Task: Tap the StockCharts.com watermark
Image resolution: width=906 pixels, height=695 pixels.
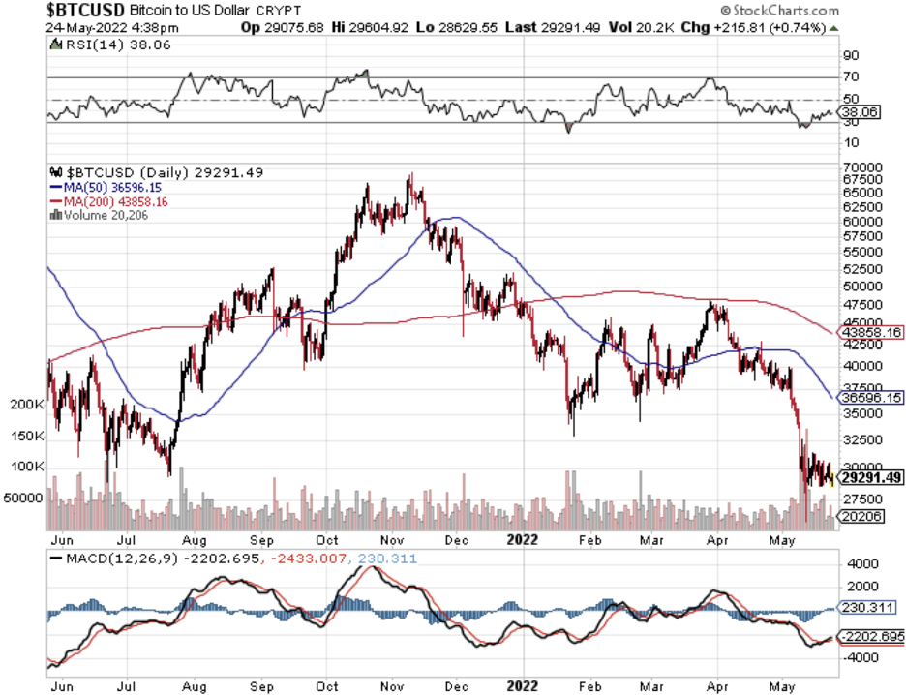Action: tap(842, 9)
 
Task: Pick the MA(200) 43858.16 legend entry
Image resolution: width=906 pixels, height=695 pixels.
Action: tap(104, 200)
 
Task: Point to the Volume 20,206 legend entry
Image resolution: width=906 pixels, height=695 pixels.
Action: tap(100, 214)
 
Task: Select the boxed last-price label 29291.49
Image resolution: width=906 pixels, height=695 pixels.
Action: tap(871, 477)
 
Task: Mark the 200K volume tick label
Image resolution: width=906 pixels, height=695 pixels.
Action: tap(25, 404)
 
